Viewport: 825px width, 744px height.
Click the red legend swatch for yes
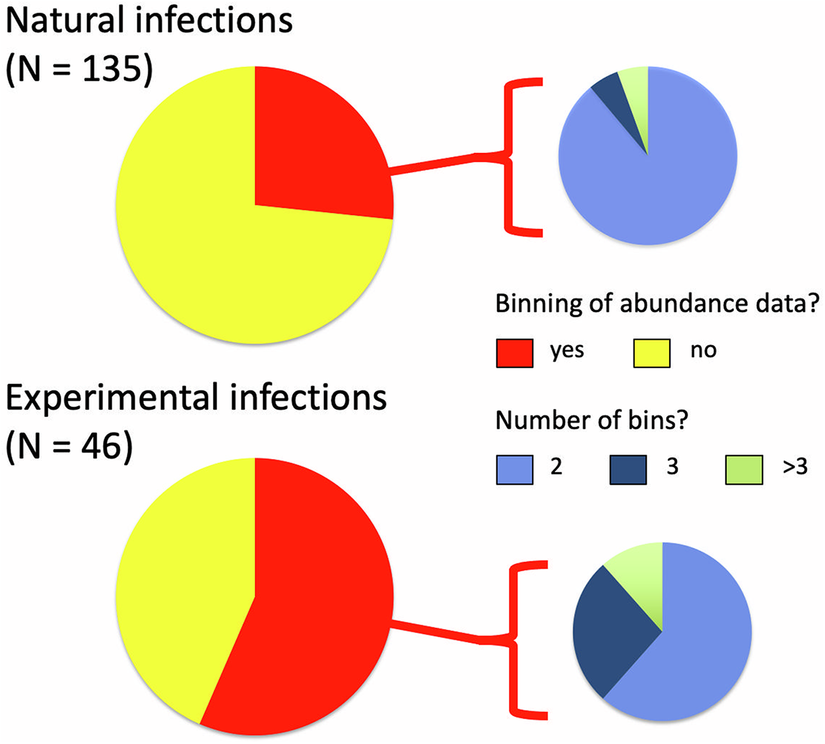pos(515,353)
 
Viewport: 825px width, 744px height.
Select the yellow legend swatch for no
pos(651,353)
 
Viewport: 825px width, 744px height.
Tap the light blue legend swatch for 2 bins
pos(515,470)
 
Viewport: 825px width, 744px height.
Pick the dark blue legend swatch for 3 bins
pos(628,470)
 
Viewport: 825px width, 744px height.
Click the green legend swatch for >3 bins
pos(744,470)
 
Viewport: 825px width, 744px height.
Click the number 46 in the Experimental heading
pos(101,447)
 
